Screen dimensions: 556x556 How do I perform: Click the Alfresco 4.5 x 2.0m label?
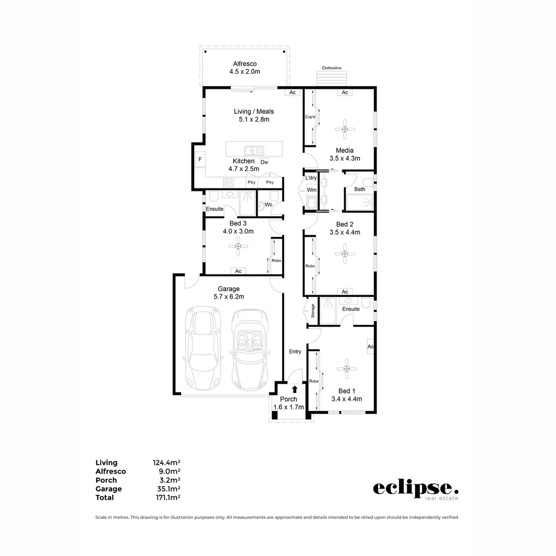(x=245, y=67)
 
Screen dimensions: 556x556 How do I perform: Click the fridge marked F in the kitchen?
(x=200, y=160)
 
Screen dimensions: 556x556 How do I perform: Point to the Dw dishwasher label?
(x=264, y=162)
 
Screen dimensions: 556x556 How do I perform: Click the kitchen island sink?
(x=254, y=150)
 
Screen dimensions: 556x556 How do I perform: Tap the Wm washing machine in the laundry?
(x=311, y=190)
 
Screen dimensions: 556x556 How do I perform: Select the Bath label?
(x=360, y=189)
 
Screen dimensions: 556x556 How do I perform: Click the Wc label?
(x=268, y=204)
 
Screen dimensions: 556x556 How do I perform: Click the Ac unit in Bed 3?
(x=238, y=271)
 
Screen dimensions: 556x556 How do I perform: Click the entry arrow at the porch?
(x=294, y=389)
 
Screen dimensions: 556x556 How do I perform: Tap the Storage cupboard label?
(x=312, y=310)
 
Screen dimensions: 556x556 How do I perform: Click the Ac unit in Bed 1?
(x=370, y=346)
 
